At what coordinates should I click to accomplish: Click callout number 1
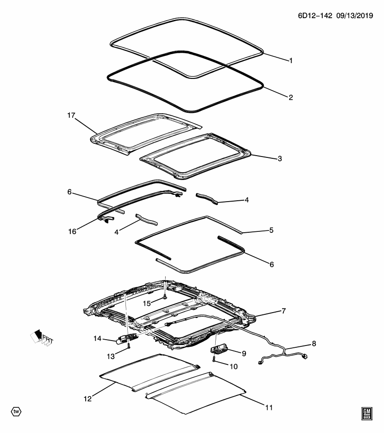[x=291, y=60]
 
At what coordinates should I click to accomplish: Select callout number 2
[x=291, y=97]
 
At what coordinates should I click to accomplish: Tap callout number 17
[x=71, y=115]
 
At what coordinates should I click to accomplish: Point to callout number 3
[x=280, y=159]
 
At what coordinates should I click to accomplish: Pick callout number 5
[x=271, y=230]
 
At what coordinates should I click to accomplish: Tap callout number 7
[x=283, y=311]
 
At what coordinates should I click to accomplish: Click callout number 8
[x=314, y=344]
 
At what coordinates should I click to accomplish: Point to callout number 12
[x=88, y=398]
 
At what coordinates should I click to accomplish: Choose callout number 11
[x=269, y=408]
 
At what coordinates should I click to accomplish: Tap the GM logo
[x=366, y=413]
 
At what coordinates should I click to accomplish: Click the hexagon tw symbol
[x=16, y=411]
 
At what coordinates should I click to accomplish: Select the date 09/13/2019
[x=355, y=15]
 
